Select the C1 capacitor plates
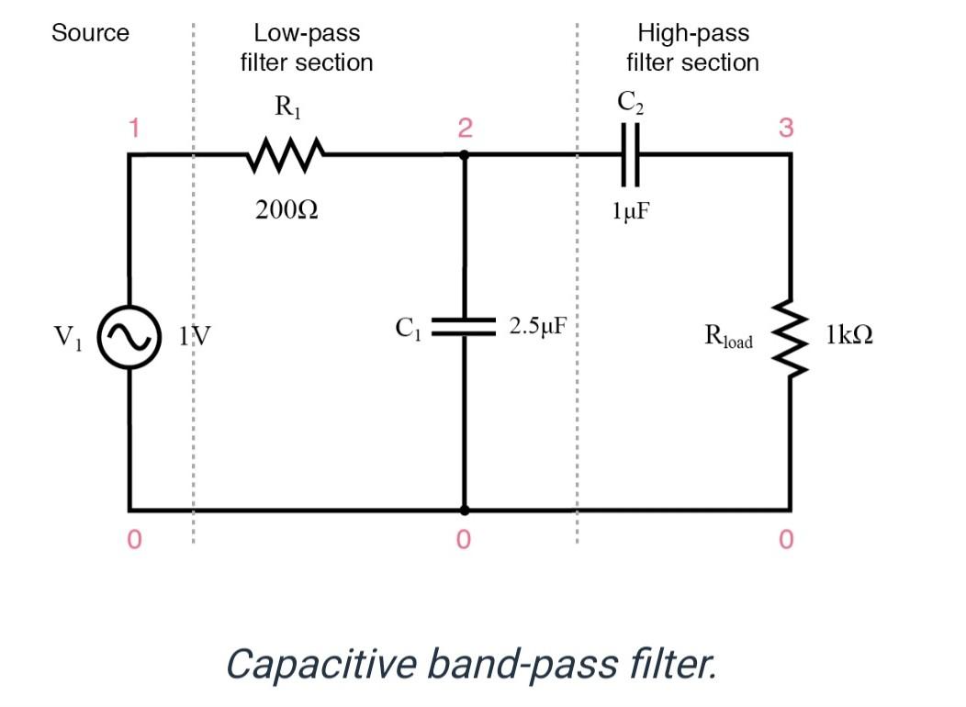465,327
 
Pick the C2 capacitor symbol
630,154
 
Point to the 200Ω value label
287,211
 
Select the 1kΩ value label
848,335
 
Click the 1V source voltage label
195,337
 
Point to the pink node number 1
134,128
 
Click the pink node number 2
465,129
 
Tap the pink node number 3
786,128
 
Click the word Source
90,34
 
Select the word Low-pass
307,34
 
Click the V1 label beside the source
67,338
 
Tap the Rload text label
728,336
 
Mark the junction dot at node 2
465,154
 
